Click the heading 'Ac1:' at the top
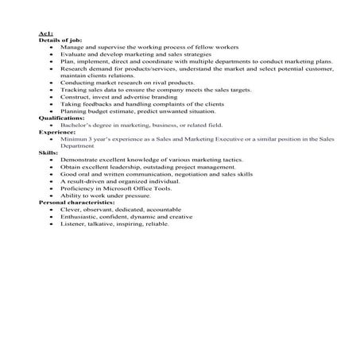click(45, 33)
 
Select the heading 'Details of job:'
click(60, 41)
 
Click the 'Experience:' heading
click(56, 132)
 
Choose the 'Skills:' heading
click(48, 153)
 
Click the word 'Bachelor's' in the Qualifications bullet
click(74, 125)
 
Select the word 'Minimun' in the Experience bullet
click(72, 139)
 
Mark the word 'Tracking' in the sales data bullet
click(72, 90)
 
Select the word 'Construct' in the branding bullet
click(73, 97)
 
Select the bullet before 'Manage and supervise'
click(52, 47)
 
